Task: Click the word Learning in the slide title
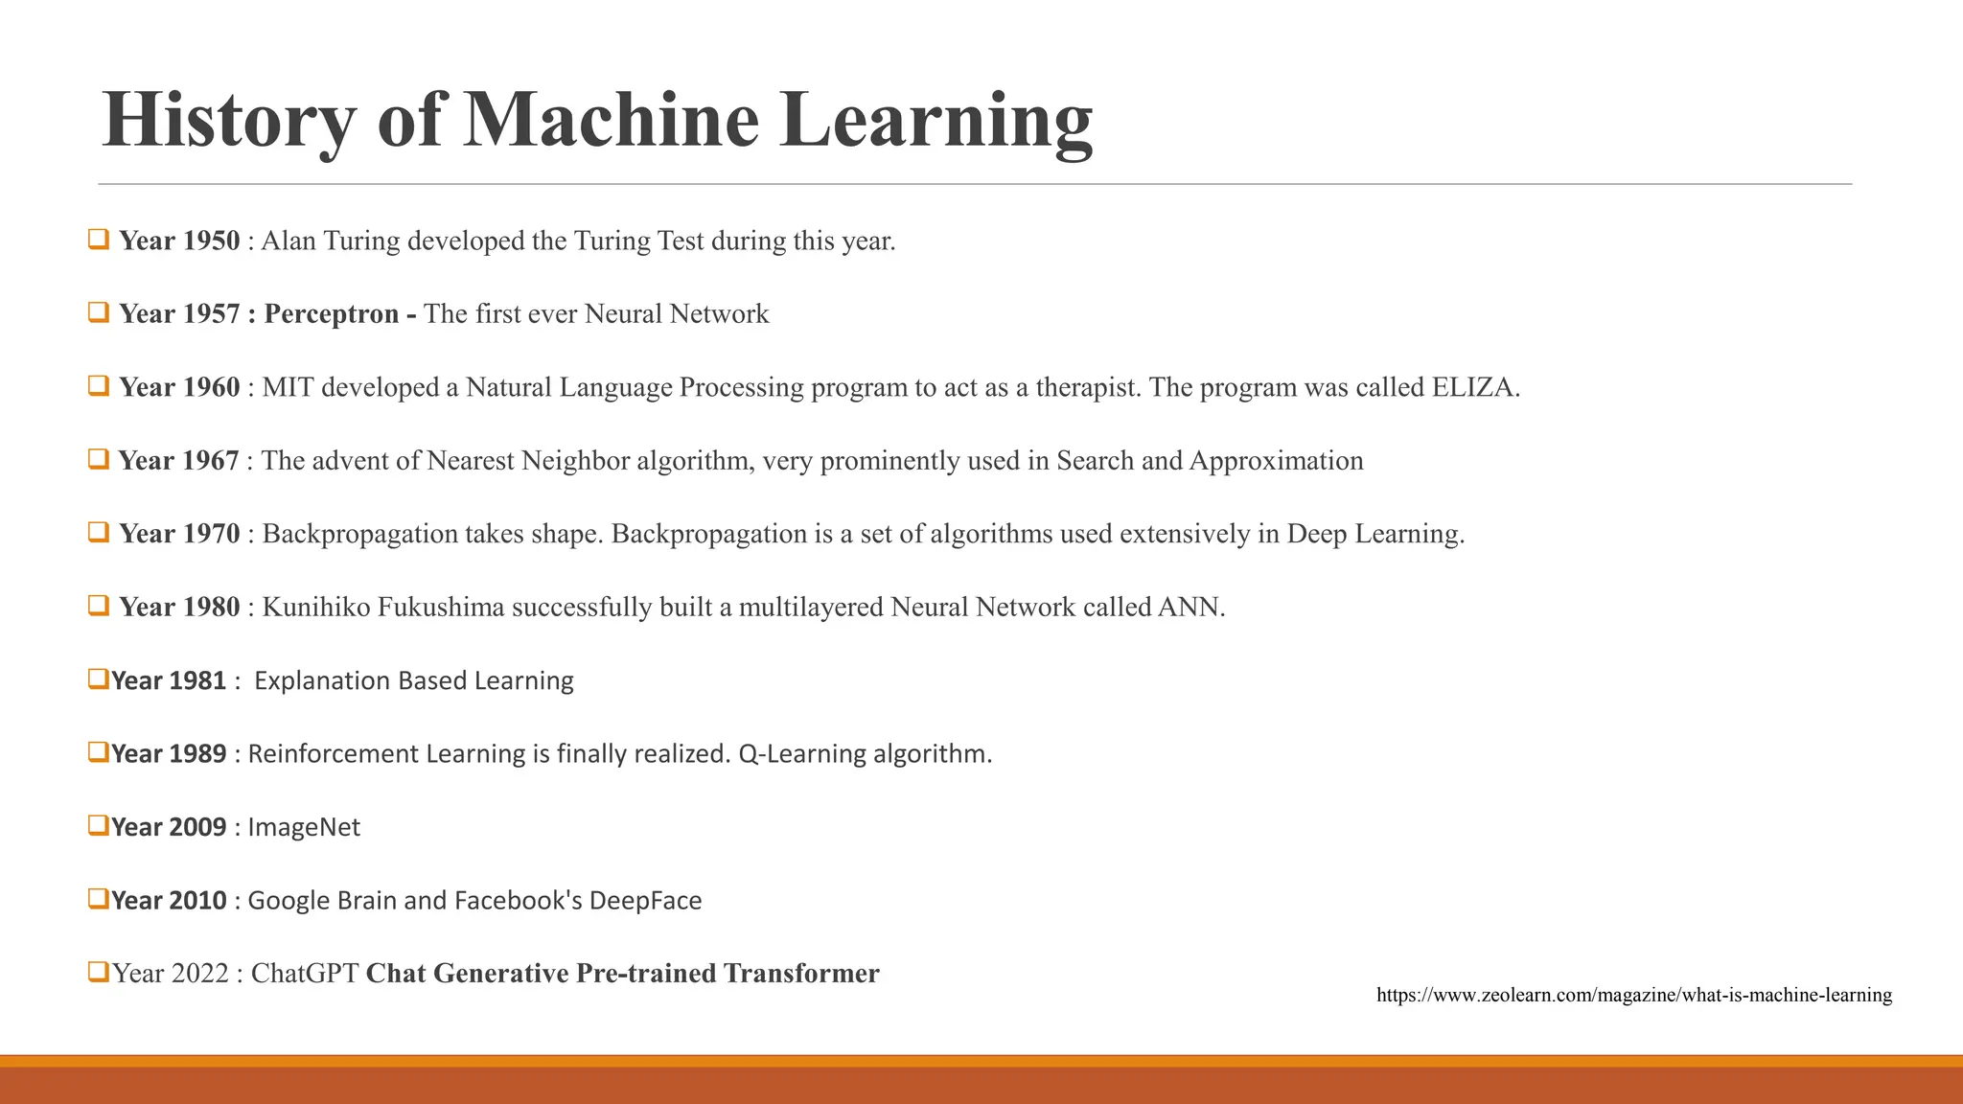tap(935, 121)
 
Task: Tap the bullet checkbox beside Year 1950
tap(98, 239)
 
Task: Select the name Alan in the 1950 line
tap(289, 241)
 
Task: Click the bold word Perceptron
tap(332, 314)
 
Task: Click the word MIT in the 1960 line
tap(288, 387)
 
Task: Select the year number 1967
tap(210, 461)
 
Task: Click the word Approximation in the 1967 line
tap(1276, 461)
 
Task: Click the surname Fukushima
tap(441, 608)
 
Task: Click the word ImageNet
tap(304, 828)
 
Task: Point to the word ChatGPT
tap(305, 974)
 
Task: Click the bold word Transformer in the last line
tap(801, 974)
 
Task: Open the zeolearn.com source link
tap(1633, 996)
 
